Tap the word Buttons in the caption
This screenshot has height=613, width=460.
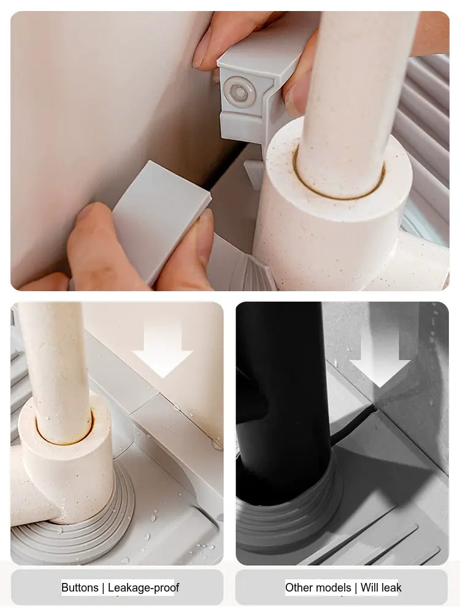click(x=80, y=588)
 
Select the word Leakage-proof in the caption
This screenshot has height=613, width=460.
click(x=144, y=588)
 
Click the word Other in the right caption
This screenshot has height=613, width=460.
click(x=299, y=588)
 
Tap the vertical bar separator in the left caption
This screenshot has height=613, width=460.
click(x=103, y=588)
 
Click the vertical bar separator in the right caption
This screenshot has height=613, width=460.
click(x=356, y=588)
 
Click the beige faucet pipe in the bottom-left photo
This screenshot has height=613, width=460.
click(x=55, y=371)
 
